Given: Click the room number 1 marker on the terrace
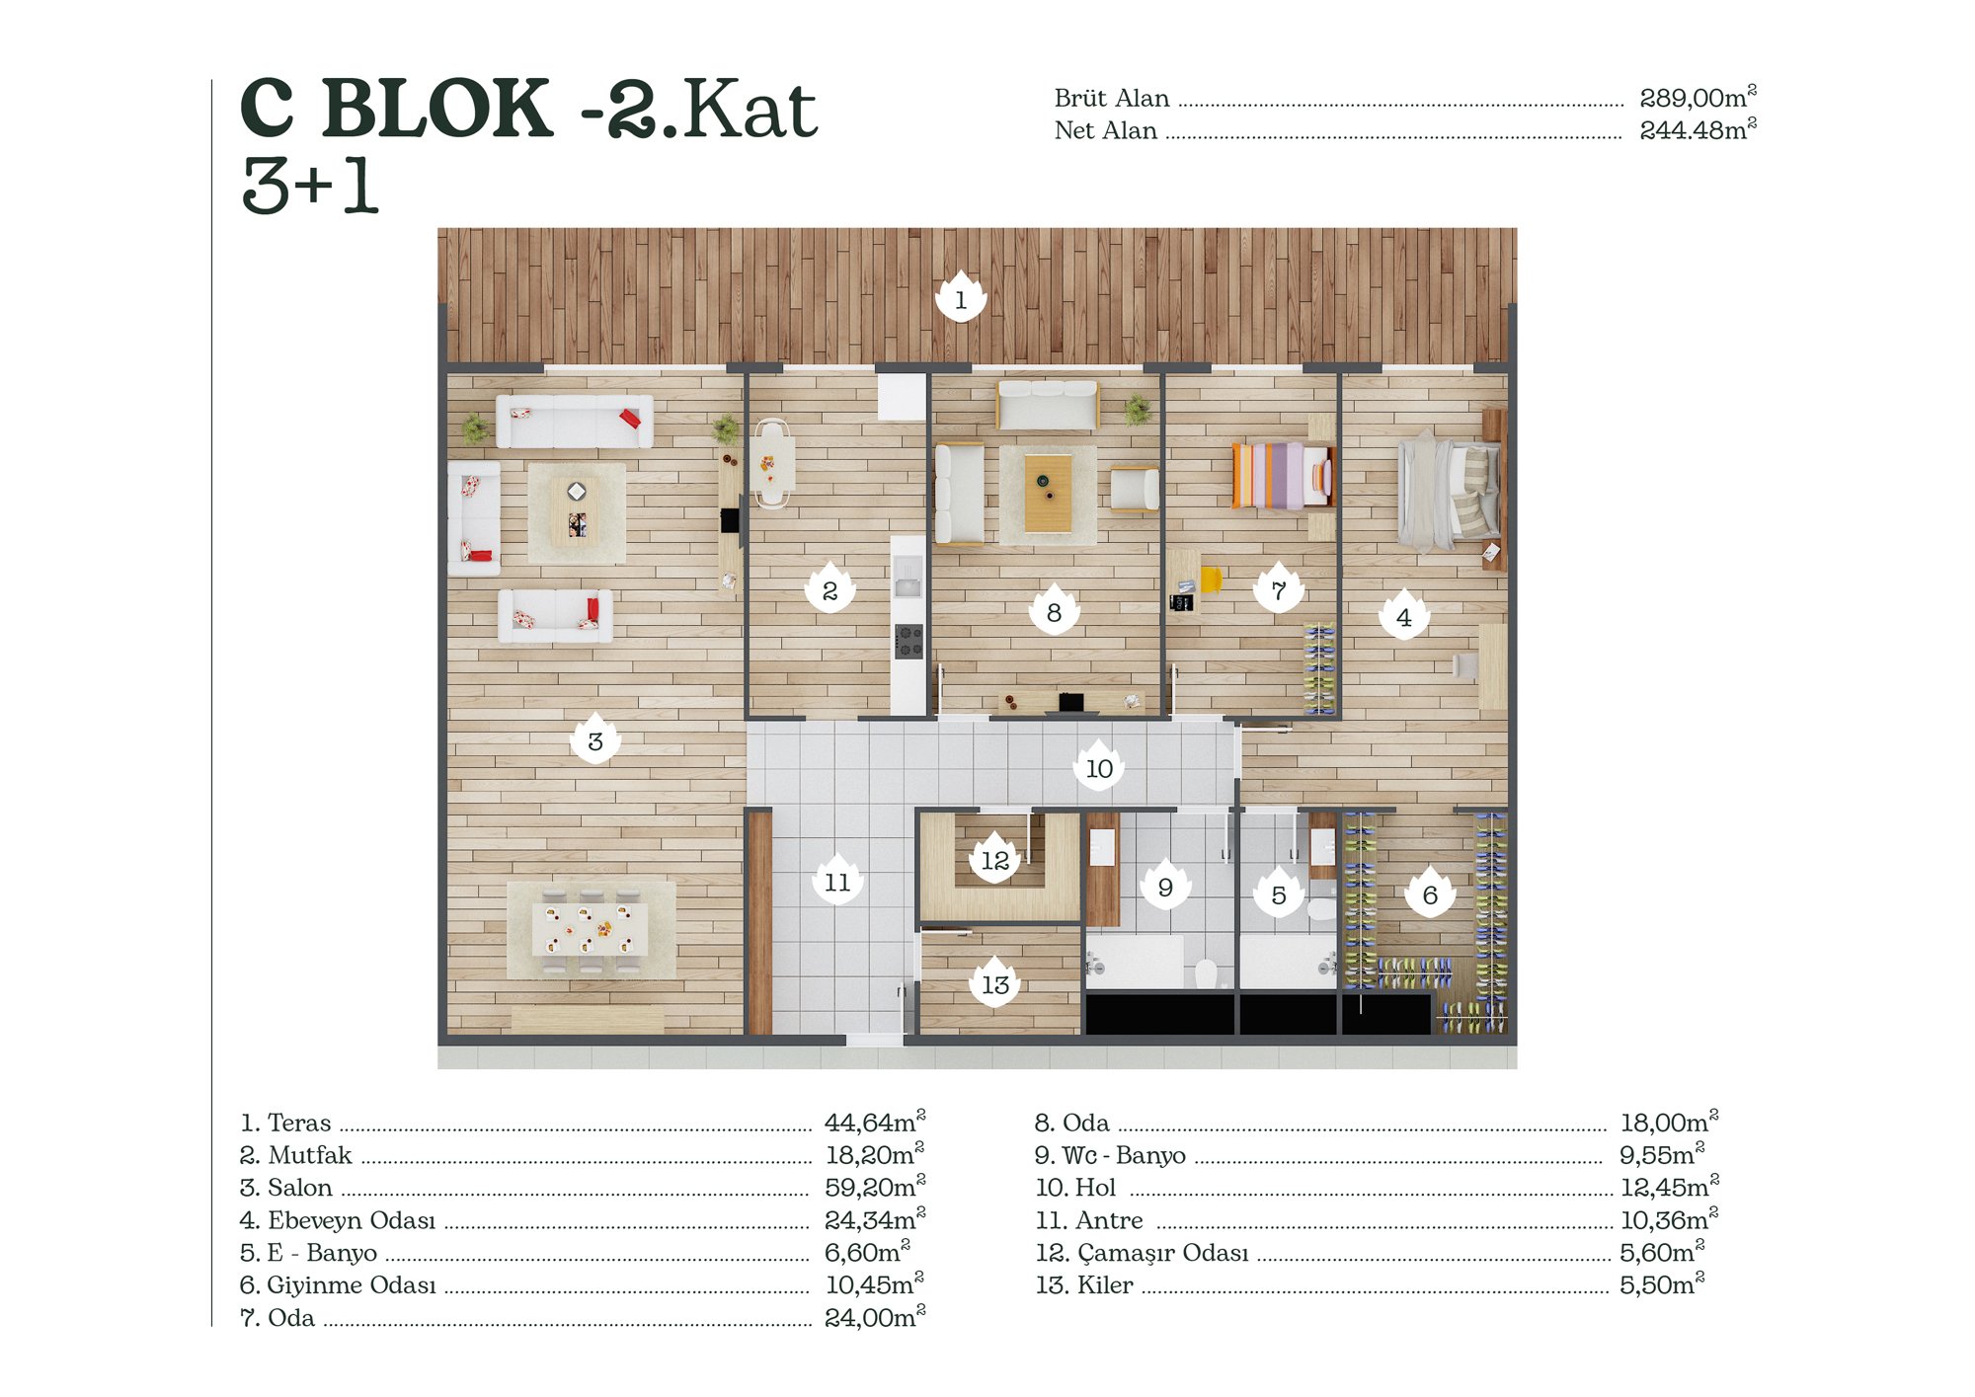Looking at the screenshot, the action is click(x=961, y=297).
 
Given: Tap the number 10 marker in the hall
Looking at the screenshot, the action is click(x=1099, y=766).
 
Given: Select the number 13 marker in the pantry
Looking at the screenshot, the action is click(x=995, y=982).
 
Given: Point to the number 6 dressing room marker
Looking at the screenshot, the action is click(x=1430, y=893).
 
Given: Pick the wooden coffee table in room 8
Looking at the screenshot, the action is click(x=1048, y=492).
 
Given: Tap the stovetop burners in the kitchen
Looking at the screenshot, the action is click(x=908, y=641).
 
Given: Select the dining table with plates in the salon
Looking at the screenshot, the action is click(x=591, y=930).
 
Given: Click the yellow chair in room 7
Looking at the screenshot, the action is click(x=1212, y=579).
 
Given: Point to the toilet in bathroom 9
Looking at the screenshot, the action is click(x=1206, y=973).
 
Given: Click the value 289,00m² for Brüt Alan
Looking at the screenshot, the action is click(x=1698, y=97).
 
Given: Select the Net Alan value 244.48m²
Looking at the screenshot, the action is click(x=1698, y=129).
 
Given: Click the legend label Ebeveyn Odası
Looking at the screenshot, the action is click(x=351, y=1220).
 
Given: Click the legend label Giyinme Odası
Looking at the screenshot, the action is click(x=351, y=1284).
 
